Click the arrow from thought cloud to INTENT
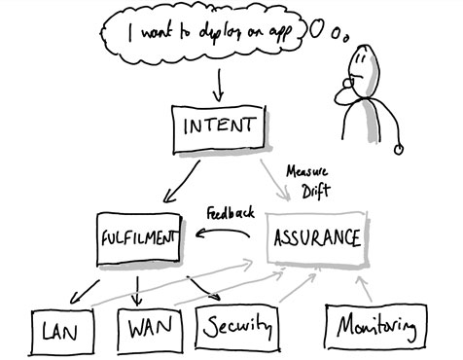[218, 85]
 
